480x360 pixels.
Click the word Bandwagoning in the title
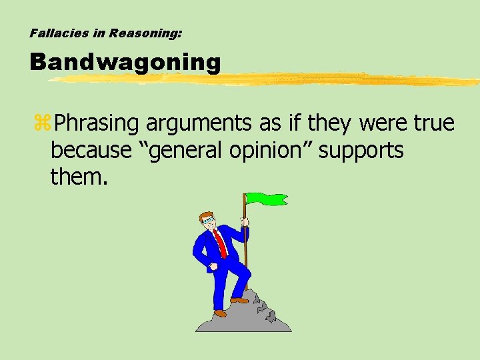pyautogui.click(x=125, y=62)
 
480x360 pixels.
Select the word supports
pyautogui.click(x=361, y=151)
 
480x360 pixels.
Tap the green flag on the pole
pyautogui.click(x=266, y=199)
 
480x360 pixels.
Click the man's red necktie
pyautogui.click(x=221, y=242)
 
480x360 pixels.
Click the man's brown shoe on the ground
pyautogui.click(x=220, y=313)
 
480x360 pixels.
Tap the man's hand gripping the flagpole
pyautogui.click(x=245, y=222)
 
